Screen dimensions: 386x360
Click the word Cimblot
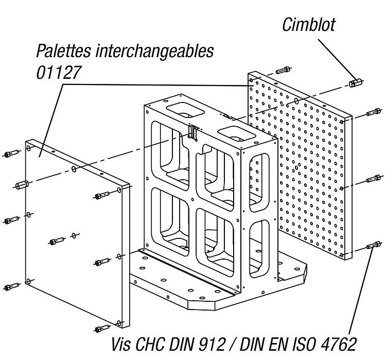point(309,24)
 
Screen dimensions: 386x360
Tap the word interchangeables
point(154,51)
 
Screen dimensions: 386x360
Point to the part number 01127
point(59,73)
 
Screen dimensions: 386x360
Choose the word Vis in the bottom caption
point(121,344)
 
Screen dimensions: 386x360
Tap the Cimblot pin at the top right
point(356,82)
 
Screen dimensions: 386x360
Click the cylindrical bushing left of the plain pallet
point(22,184)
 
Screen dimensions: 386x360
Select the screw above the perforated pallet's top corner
point(284,70)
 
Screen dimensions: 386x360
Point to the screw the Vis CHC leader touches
point(373,245)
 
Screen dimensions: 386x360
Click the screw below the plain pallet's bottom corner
point(102,329)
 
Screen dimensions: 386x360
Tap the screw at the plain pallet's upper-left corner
point(11,153)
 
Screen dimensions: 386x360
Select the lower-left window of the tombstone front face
point(170,222)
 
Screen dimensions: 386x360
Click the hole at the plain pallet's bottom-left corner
point(29,281)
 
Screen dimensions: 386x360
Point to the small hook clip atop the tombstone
point(193,133)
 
